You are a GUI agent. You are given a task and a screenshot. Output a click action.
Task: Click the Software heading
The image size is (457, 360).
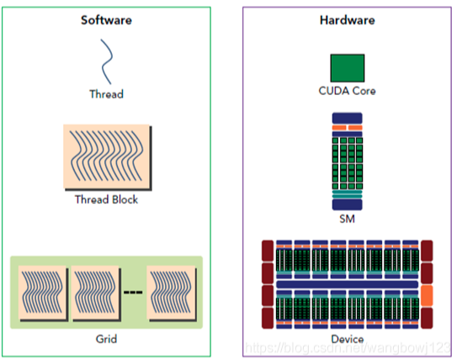[x=106, y=19]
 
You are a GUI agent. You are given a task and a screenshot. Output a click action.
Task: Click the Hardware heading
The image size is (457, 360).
[x=348, y=19]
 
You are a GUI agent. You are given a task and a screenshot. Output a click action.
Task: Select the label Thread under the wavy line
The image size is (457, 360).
[x=106, y=93]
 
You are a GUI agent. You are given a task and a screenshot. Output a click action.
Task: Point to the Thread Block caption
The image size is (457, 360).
[x=106, y=199]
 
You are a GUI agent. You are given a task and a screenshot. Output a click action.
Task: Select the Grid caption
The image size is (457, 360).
[x=106, y=339]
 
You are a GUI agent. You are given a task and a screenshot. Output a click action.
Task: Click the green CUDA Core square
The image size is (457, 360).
[x=347, y=68]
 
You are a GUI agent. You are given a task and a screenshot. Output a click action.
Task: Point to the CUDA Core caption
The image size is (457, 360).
[x=347, y=91]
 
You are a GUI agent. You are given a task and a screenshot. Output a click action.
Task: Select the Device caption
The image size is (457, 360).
[x=347, y=339]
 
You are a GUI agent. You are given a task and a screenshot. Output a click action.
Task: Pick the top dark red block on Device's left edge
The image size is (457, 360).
[x=268, y=250]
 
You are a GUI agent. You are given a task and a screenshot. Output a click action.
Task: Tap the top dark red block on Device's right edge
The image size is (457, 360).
[x=427, y=250]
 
